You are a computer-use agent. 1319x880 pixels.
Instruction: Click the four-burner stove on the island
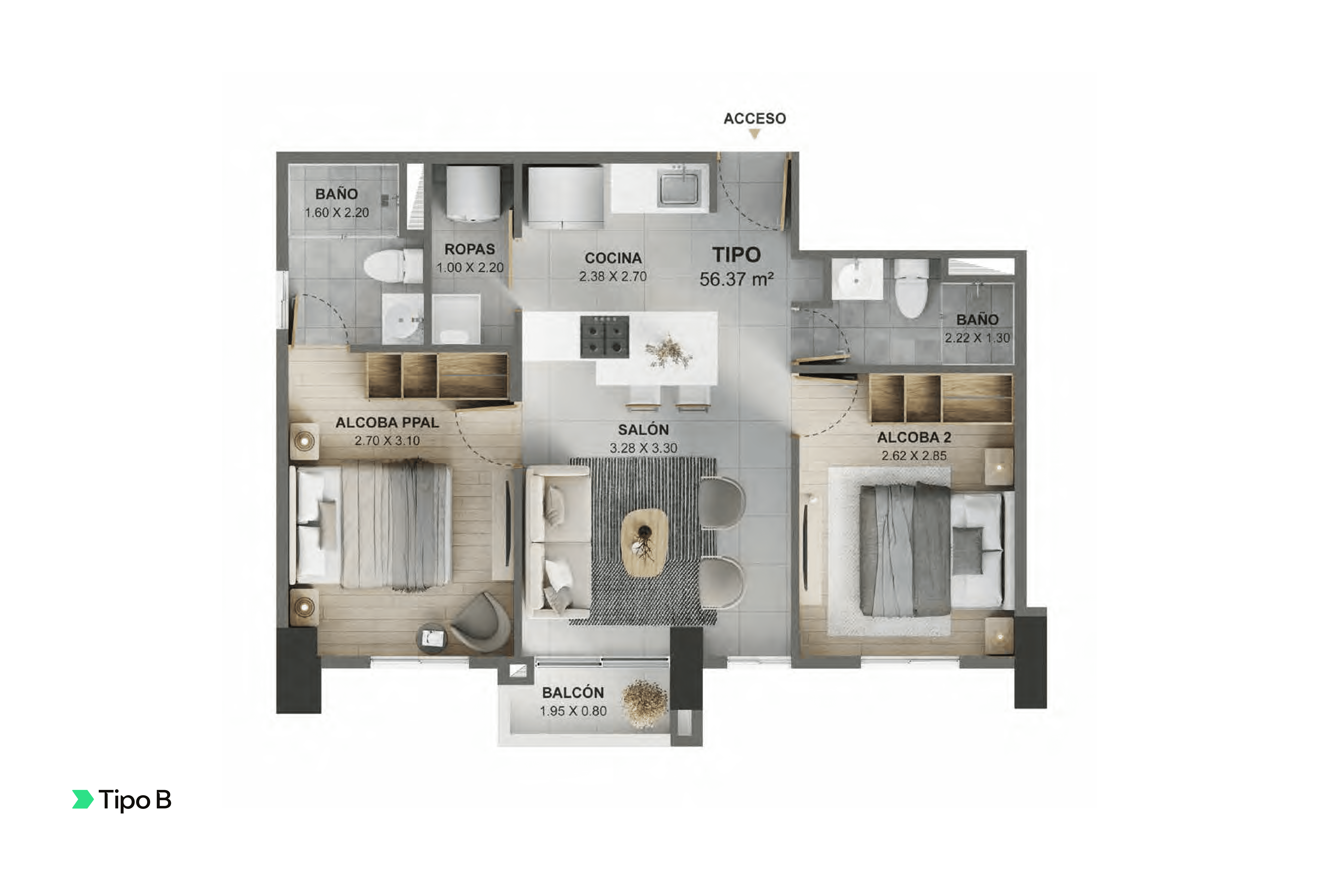coord(604,336)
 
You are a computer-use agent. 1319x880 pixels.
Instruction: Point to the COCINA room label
coord(613,258)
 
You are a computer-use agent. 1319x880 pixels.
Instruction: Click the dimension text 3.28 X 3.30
coord(643,448)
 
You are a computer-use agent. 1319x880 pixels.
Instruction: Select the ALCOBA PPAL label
coord(387,423)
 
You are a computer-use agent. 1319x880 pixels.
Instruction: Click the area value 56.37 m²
coord(736,279)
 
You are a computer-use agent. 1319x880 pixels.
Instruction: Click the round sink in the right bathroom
coord(856,279)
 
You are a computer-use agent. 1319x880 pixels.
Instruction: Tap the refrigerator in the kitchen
coord(565,196)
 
